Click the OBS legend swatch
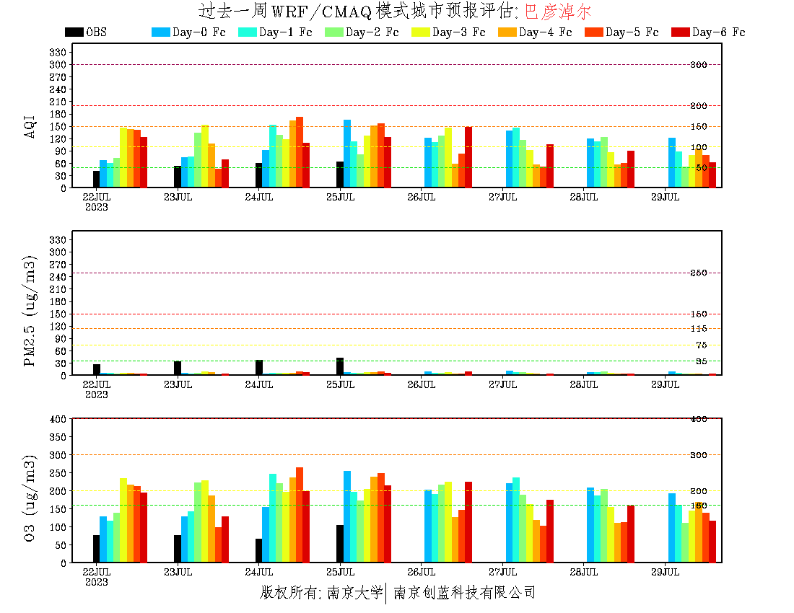(74, 32)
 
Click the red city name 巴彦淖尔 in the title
(557, 12)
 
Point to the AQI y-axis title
(30, 120)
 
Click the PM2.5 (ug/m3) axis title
(30, 310)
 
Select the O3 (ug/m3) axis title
(30, 498)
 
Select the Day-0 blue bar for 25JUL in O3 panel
(347, 516)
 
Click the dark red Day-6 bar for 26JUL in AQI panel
(468, 157)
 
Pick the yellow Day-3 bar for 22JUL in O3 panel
(123, 520)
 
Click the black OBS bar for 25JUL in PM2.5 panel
(340, 366)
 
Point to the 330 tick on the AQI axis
(58, 52)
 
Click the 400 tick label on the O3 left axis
(58, 419)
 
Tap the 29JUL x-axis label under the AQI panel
(665, 197)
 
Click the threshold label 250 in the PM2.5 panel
(699, 273)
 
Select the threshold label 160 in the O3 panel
(699, 506)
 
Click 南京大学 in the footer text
(354, 593)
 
